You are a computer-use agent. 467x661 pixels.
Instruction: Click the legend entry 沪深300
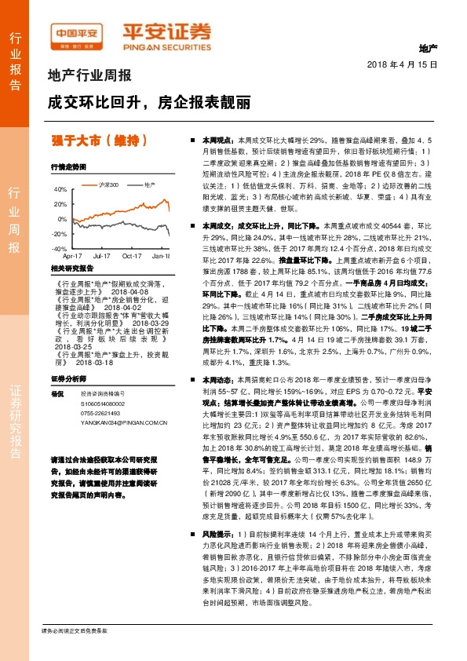[x=110, y=184]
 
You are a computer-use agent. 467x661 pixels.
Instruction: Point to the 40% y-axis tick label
[x=61, y=190]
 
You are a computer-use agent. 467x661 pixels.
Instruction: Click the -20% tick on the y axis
[x=60, y=234]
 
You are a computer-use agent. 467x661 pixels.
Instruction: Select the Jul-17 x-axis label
[x=101, y=256]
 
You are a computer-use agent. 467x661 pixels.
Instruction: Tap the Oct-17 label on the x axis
[x=131, y=256]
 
